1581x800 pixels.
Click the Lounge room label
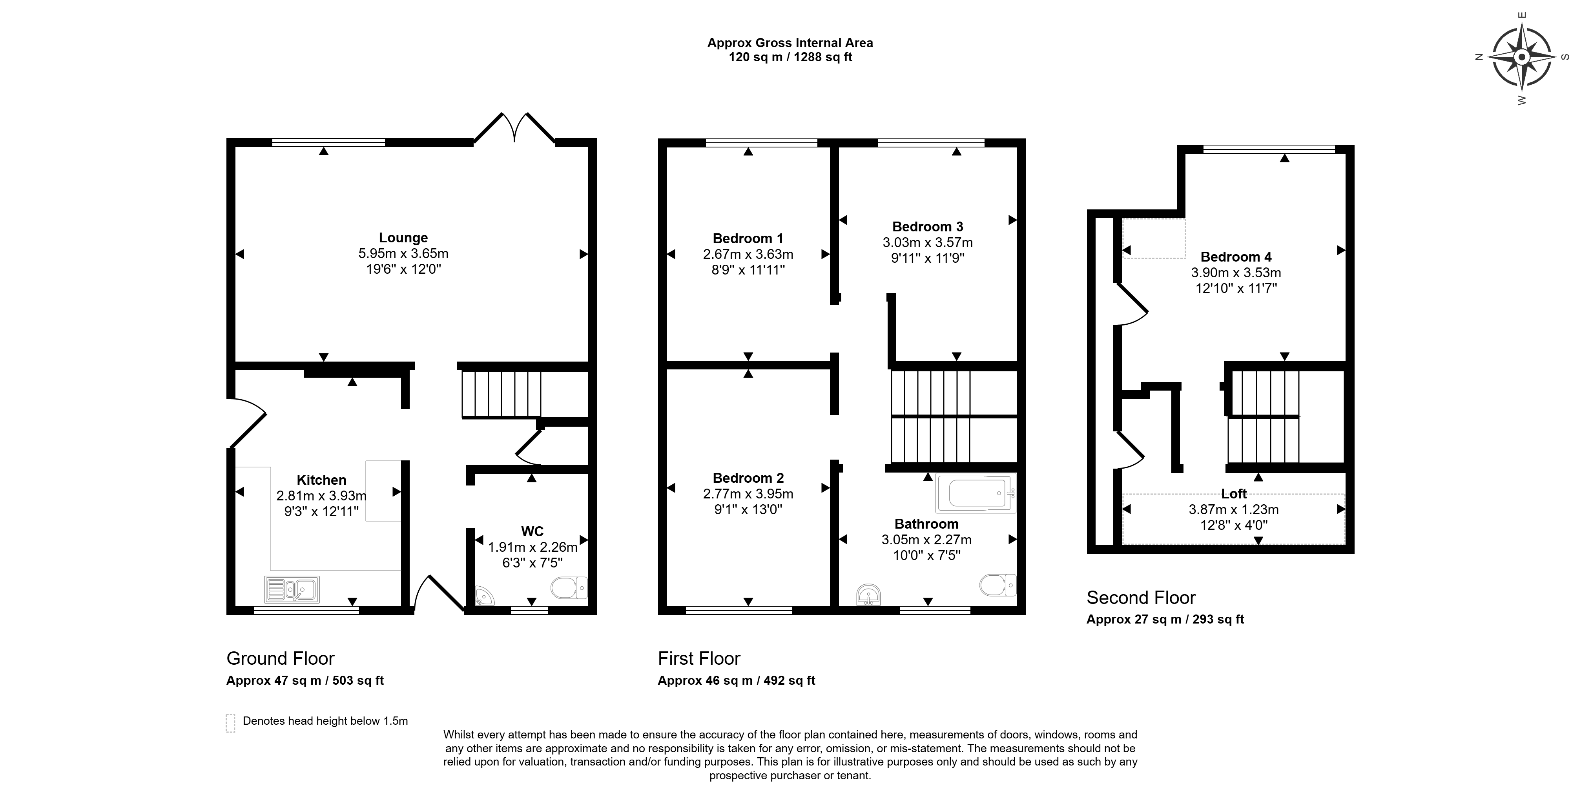coord(403,237)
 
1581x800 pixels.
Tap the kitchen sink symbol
coord(292,589)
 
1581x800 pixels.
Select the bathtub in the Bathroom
coord(976,493)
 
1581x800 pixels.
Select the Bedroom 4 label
coord(1236,257)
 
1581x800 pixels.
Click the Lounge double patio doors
coord(514,127)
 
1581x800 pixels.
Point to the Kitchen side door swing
coord(247,423)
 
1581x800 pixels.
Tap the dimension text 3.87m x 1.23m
coord(1234,509)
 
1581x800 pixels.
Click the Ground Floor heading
coord(281,658)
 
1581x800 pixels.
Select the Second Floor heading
coord(1141,598)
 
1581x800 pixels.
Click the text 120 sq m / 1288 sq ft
coord(790,57)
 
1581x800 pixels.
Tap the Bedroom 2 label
coord(748,478)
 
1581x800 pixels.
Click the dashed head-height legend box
coord(231,723)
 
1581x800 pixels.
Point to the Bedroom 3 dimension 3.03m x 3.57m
coord(927,242)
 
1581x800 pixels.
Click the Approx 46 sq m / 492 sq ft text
coord(737,680)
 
